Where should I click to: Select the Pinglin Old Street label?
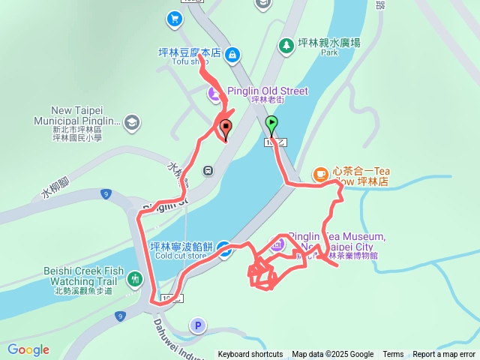point(268,91)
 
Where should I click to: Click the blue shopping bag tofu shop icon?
point(232,54)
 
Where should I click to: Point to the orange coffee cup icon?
point(320,174)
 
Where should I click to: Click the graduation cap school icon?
point(132,121)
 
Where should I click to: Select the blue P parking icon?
point(197,325)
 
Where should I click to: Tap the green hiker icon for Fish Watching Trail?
point(134,279)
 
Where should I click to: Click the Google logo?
point(28,349)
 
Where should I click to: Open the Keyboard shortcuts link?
point(250,355)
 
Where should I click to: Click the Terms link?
point(393,355)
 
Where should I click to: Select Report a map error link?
point(445,355)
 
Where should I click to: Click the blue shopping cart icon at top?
point(175,18)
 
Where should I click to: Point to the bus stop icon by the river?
point(208,169)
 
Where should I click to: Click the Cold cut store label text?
point(180,256)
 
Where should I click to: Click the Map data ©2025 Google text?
point(332,355)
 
